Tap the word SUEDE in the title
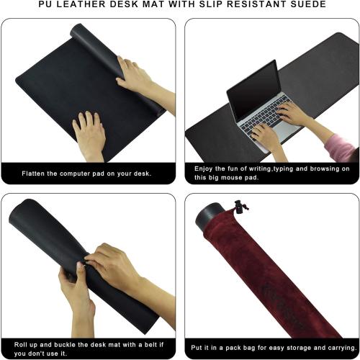tap(288, 4)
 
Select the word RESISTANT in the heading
tap(238, 4)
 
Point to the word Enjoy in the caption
tap(207, 168)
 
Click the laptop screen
tap(252, 90)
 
